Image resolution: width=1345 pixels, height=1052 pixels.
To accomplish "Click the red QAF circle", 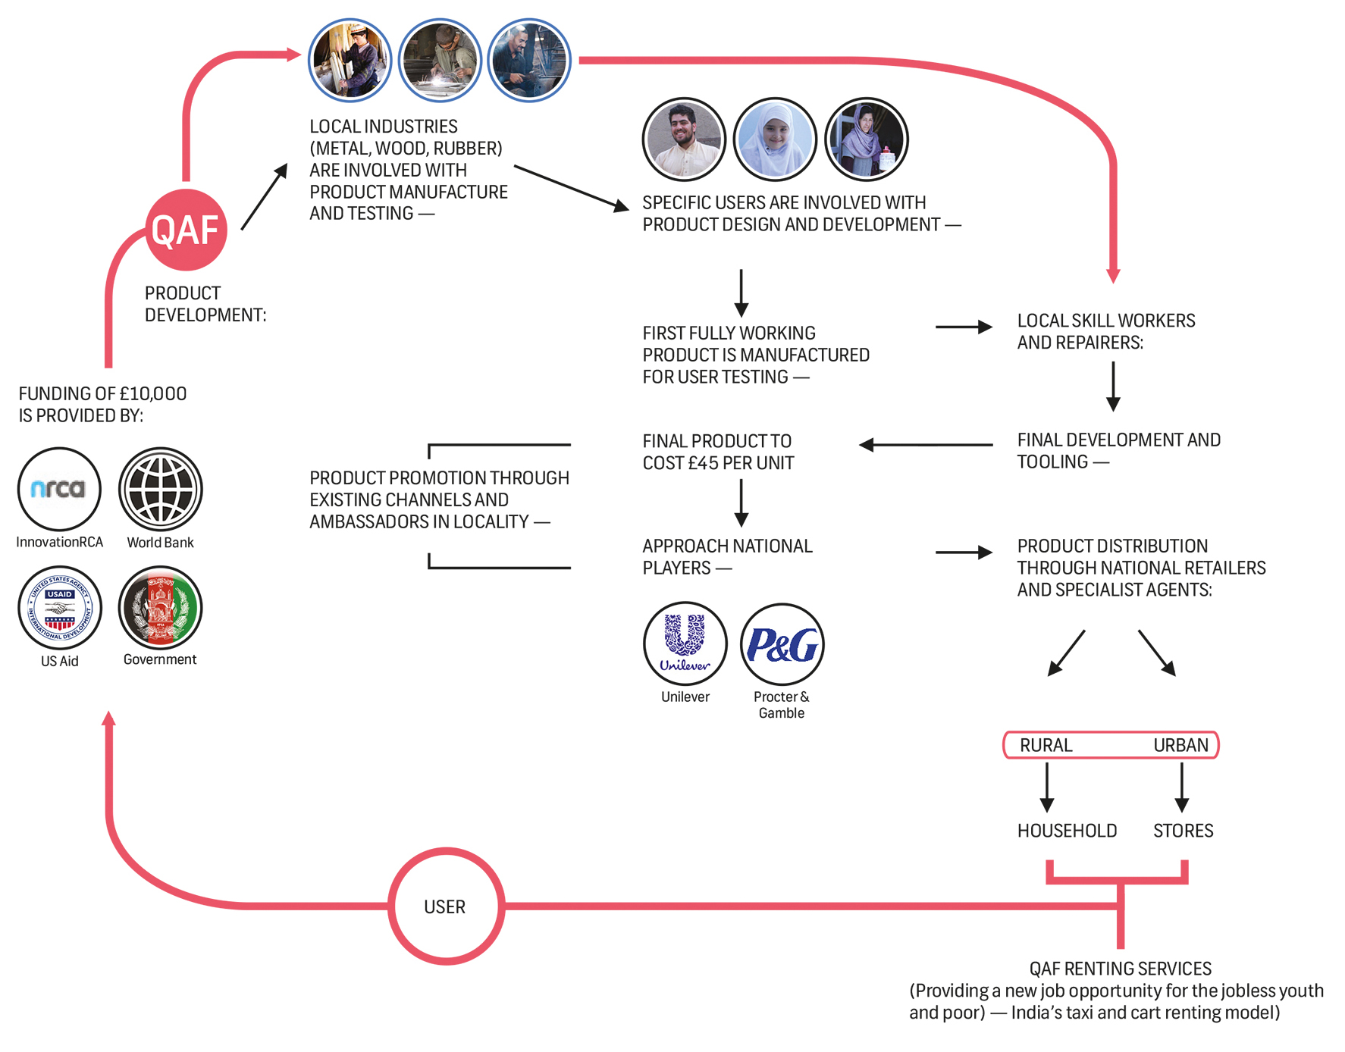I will point(186,230).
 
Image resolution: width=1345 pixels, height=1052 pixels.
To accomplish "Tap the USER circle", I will point(446,906).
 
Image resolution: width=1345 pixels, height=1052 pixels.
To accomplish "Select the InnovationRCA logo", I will point(59,489).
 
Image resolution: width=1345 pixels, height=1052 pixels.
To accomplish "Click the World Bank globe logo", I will point(160,489).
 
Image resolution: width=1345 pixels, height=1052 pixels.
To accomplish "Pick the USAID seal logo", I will point(59,608).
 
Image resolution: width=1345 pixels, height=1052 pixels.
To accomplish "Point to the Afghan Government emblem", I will point(160,608).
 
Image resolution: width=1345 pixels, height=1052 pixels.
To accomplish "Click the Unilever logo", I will point(685,643).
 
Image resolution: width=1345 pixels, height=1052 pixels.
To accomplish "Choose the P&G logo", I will point(782,643).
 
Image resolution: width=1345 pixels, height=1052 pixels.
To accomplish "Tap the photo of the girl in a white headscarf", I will point(775,139).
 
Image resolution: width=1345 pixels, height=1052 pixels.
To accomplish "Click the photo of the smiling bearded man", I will point(684,139).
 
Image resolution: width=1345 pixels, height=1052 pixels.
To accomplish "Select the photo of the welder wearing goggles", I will point(440,61).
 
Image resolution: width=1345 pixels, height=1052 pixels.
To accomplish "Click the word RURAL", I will point(1046,745).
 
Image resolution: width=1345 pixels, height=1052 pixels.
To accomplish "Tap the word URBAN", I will point(1180,745).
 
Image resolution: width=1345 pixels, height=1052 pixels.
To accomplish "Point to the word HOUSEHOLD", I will point(1067,831).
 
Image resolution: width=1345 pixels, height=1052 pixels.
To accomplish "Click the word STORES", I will point(1183,831).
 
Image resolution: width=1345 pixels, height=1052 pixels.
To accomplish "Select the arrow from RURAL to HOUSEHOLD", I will point(1047,787).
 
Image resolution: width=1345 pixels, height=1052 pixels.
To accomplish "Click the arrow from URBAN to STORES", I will point(1181,787).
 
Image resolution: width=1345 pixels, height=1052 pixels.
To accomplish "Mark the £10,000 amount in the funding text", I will point(152,393).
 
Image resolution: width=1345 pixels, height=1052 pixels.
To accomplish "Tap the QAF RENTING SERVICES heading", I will point(1120,969).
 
